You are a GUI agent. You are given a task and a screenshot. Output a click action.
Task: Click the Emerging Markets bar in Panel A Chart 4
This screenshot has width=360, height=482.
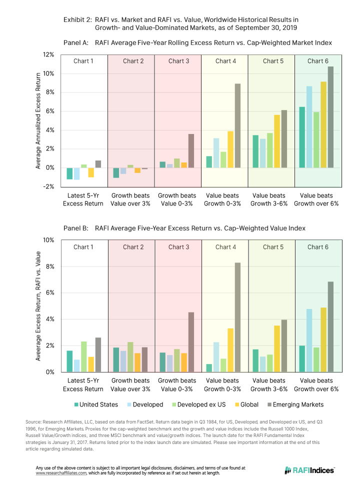click(237, 125)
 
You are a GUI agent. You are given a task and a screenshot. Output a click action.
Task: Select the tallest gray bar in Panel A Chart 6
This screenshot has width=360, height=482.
click(330, 117)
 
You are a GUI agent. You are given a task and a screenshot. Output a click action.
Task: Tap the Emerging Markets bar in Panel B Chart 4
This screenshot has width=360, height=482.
click(237, 317)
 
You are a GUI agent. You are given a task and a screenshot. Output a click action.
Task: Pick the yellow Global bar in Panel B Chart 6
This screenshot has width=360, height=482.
click(323, 339)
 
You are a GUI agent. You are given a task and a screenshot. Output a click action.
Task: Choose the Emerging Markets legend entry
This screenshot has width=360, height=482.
click(294, 404)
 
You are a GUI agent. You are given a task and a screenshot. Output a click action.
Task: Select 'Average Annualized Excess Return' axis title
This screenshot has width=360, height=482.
click(38, 120)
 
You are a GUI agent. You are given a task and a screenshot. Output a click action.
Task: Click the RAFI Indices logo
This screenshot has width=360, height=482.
click(309, 470)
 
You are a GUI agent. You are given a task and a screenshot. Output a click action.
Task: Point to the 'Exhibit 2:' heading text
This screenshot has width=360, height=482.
click(77, 19)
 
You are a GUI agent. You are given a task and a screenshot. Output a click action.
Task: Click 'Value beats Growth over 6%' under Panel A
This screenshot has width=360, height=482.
click(316, 199)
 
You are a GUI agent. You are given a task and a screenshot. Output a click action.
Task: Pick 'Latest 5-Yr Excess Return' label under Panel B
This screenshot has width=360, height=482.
click(83, 385)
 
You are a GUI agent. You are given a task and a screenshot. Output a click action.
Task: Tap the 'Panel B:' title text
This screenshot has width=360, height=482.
click(76, 228)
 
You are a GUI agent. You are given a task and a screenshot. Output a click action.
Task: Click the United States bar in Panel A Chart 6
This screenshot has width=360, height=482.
click(302, 137)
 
